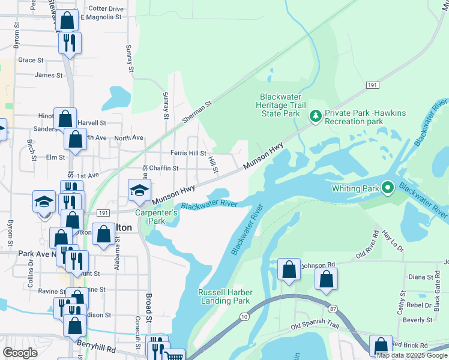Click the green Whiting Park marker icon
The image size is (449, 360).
[388, 188]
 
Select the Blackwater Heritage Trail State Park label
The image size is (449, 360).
[279, 105]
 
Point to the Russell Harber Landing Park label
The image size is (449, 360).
[224, 296]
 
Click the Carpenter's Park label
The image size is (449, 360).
[156, 217]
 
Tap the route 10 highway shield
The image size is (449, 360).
[243, 333]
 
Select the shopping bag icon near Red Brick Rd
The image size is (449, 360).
[381, 345]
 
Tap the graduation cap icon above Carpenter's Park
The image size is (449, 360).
[139, 191]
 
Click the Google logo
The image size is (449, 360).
[20, 352]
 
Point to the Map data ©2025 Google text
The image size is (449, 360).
[412, 355]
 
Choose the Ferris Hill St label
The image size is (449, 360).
[188, 154]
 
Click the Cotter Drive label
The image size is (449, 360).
[106, 9]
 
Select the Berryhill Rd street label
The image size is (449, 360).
[98, 346]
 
